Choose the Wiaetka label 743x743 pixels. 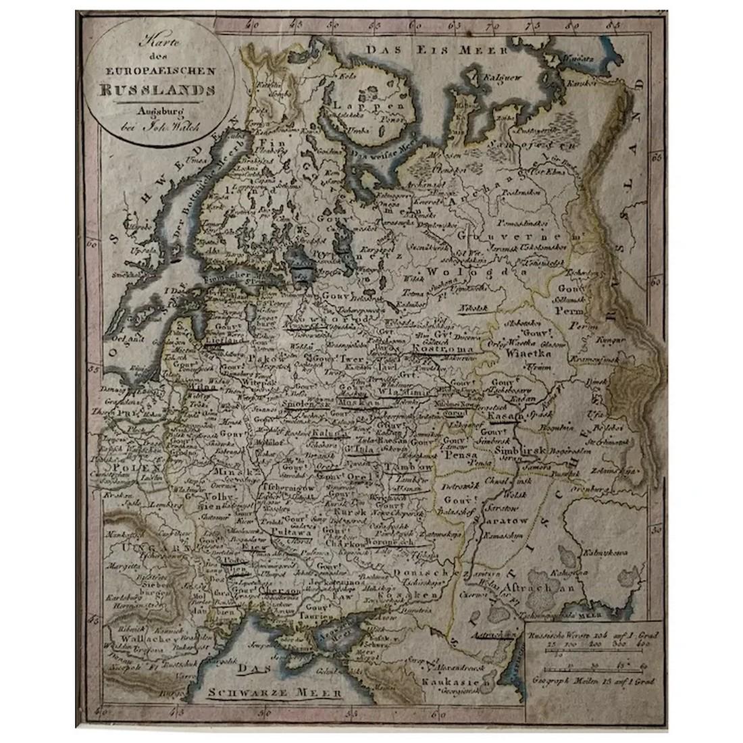pyautogui.click(x=529, y=352)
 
